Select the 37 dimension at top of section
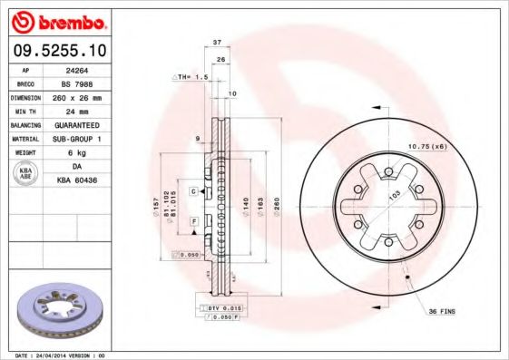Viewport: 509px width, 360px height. tap(217, 43)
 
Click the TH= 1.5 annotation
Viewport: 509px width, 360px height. tap(191, 78)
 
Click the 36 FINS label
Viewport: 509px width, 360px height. tap(444, 312)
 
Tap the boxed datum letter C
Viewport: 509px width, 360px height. tap(193, 191)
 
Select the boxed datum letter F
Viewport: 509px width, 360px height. tap(193, 221)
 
